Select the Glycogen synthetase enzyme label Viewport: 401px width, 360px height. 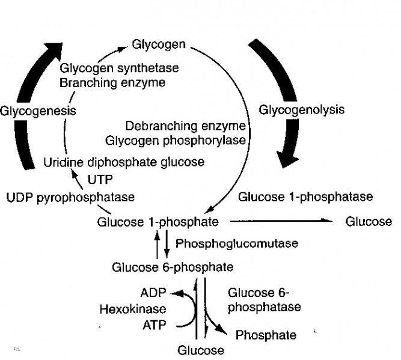click(112, 69)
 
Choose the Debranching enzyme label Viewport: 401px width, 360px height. click(185, 127)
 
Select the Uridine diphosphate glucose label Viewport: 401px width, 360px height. click(124, 162)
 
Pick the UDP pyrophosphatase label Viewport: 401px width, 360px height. click(70, 197)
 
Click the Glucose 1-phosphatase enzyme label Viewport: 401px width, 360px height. click(305, 197)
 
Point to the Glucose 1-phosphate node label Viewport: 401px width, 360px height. click(154, 222)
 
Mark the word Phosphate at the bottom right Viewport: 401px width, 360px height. click(266, 335)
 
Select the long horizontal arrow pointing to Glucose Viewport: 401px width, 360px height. click(283, 222)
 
